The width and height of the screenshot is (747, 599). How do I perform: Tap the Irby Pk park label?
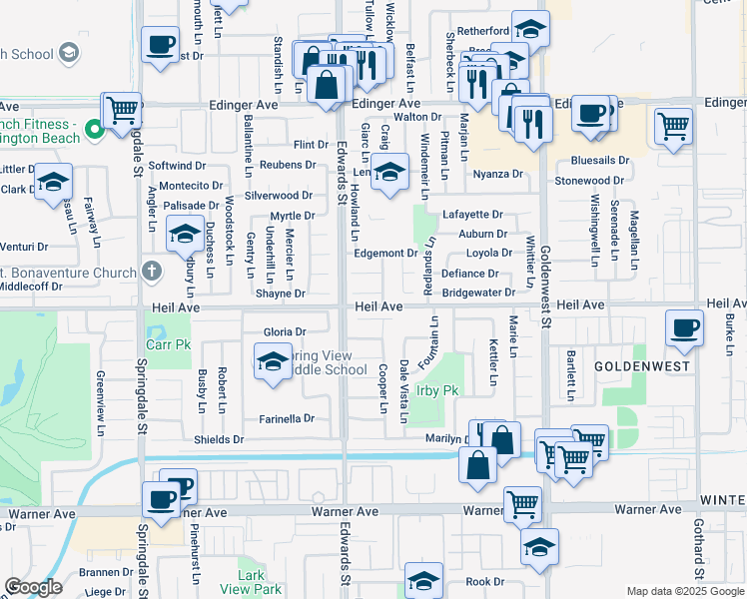coord(436,390)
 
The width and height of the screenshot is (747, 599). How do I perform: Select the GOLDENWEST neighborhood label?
coord(636,366)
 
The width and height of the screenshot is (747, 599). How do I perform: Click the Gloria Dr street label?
coord(283,331)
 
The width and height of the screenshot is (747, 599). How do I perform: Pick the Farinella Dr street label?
coord(287,418)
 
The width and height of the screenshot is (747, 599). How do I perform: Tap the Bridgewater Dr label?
coord(478,293)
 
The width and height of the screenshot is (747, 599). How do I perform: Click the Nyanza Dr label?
coord(498,174)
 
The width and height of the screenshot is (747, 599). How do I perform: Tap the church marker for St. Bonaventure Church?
coord(151,270)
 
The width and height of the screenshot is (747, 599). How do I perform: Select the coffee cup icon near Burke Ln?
coord(685,328)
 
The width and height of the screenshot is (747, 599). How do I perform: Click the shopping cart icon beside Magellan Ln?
coord(674,127)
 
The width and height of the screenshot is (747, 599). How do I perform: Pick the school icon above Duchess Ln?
coord(185,235)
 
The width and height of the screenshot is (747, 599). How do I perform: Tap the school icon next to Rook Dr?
coord(423,581)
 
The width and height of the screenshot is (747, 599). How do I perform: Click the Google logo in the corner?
coord(33,588)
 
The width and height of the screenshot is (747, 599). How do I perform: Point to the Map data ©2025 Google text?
coord(684,591)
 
